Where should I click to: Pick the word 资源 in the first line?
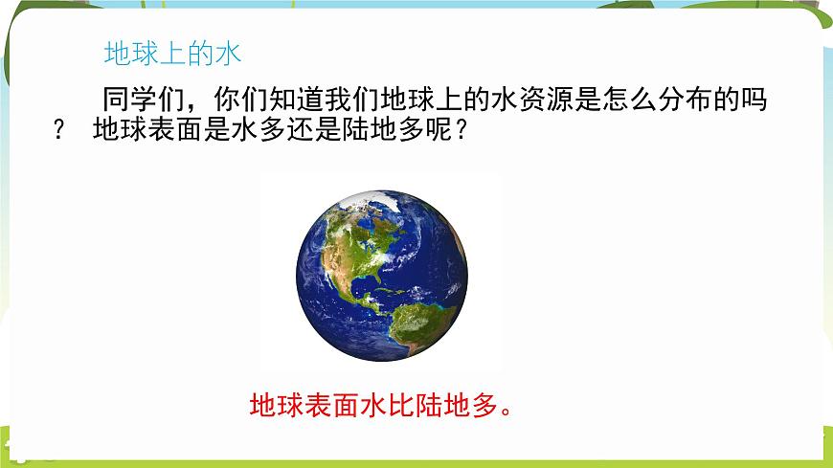click(551, 100)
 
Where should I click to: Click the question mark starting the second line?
click(62, 131)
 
